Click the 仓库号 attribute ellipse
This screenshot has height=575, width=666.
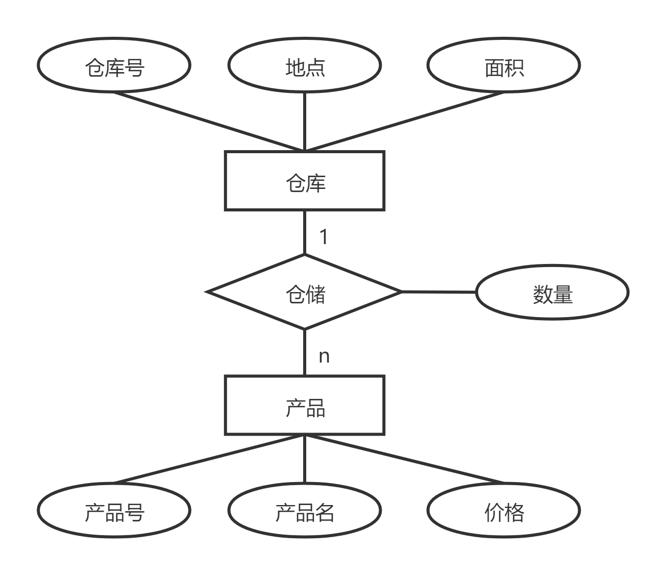point(114,66)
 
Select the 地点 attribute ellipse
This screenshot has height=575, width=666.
point(305,66)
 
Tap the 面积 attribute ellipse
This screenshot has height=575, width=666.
point(504,66)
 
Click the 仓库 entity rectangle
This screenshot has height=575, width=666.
point(305,181)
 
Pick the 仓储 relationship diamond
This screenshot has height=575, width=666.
point(305,293)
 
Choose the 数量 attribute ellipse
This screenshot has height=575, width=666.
point(552,293)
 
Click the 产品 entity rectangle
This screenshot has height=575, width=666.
point(305,406)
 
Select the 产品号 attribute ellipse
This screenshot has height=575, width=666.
point(114,510)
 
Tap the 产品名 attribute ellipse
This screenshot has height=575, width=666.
point(305,510)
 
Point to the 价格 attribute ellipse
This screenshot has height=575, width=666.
point(504,510)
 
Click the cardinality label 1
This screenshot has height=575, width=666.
point(324,237)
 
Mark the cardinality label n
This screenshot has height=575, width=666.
point(324,356)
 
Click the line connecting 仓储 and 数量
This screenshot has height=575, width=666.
point(439,292)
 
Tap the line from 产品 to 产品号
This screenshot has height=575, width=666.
point(209,459)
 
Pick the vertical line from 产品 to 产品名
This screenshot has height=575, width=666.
point(305,459)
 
